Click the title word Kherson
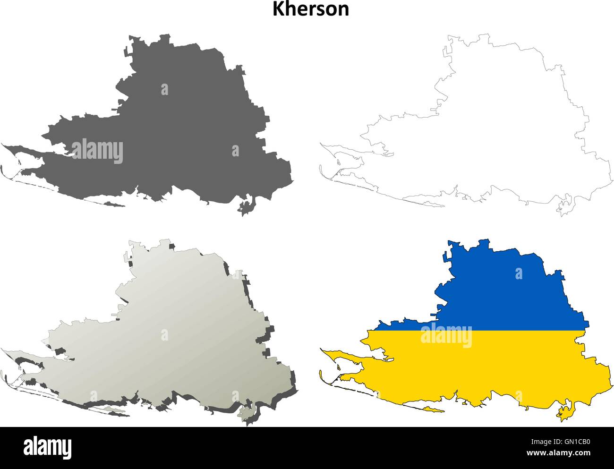(310, 9)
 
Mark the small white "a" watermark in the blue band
(519, 273)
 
